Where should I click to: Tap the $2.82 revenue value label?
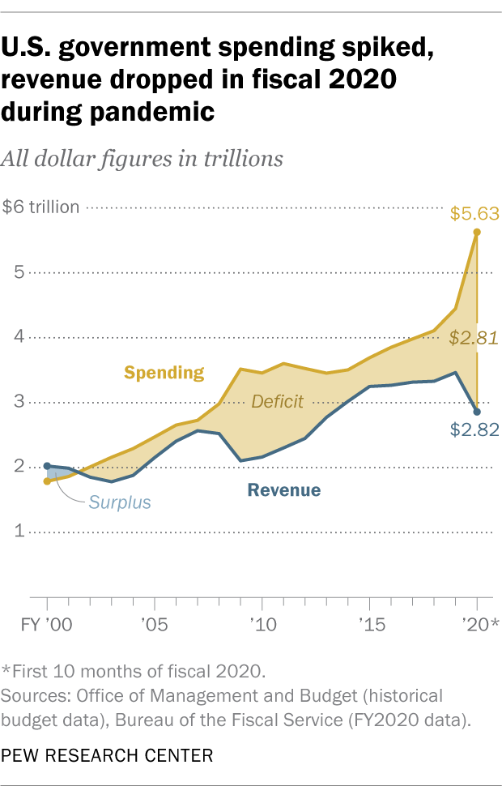pyautogui.click(x=475, y=429)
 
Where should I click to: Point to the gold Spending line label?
pyautogui.click(x=164, y=373)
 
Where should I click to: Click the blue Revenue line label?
pyautogui.click(x=284, y=490)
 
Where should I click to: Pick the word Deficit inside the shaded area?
pyautogui.click(x=277, y=401)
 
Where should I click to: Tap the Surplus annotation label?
pyautogui.click(x=120, y=502)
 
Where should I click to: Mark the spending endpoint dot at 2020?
pyautogui.click(x=477, y=232)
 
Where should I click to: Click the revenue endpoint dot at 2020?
pyautogui.click(x=477, y=412)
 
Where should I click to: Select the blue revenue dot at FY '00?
pyautogui.click(x=47, y=466)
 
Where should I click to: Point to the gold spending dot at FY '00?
pyautogui.click(x=47, y=481)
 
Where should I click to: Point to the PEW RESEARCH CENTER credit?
pyautogui.click(x=108, y=757)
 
